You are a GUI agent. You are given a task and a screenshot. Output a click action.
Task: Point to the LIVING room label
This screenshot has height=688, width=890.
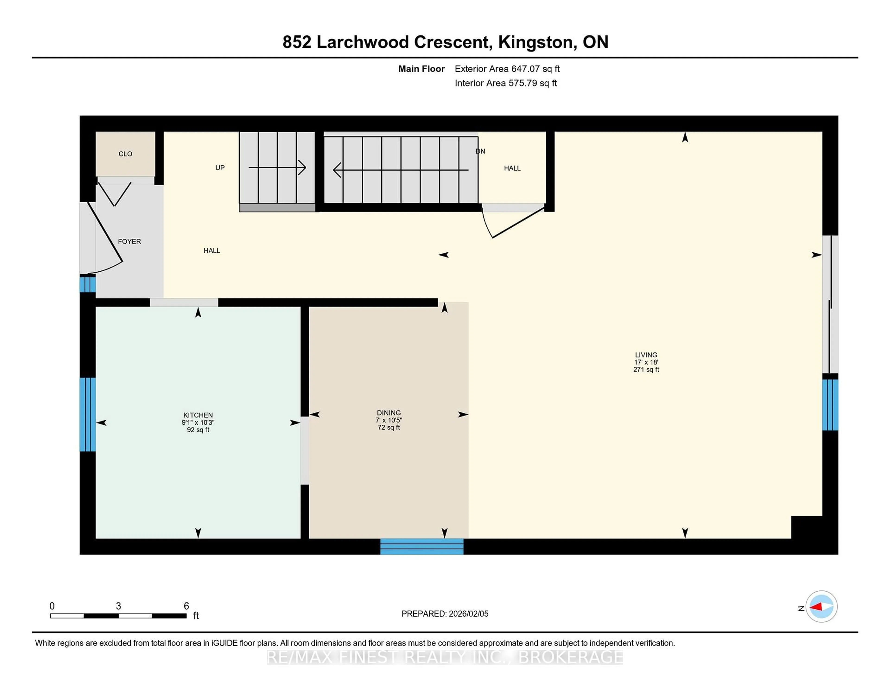646,355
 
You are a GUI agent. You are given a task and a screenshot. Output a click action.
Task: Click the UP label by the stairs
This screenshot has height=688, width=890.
220,168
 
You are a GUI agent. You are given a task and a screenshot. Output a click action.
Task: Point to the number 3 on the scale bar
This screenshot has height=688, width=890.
118,606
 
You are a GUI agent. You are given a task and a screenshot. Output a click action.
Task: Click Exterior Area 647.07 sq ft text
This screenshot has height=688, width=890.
507,69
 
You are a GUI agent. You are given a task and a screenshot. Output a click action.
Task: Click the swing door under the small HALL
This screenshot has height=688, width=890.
513,222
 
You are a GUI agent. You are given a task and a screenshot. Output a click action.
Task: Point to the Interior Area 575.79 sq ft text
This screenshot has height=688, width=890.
505,83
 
